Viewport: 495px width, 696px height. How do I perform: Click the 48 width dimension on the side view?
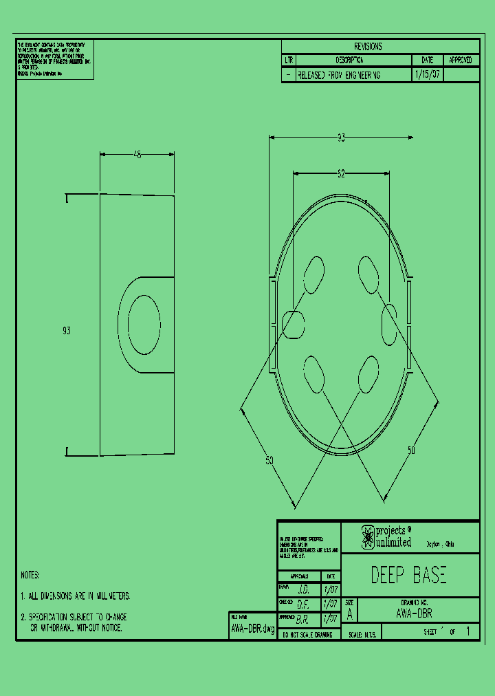click(137, 155)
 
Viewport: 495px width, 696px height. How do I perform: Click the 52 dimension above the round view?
click(341, 175)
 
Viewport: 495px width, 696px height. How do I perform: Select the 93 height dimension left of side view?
click(67, 331)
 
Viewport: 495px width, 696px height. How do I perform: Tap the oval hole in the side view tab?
click(144, 325)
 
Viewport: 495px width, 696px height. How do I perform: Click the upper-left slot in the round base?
click(313, 275)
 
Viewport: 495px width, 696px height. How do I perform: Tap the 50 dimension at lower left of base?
click(269, 461)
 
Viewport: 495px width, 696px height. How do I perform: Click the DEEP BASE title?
click(408, 575)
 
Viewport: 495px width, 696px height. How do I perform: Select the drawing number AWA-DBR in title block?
click(415, 613)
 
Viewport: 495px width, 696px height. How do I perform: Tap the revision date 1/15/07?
click(427, 75)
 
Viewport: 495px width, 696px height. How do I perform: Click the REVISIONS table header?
click(368, 47)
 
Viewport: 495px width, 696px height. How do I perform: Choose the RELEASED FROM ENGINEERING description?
click(338, 75)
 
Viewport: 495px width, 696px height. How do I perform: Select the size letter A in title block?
click(350, 614)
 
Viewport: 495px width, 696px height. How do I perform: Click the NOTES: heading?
click(30, 574)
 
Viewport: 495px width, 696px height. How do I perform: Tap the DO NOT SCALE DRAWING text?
click(307, 635)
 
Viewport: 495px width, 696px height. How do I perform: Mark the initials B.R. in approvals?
click(302, 619)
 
